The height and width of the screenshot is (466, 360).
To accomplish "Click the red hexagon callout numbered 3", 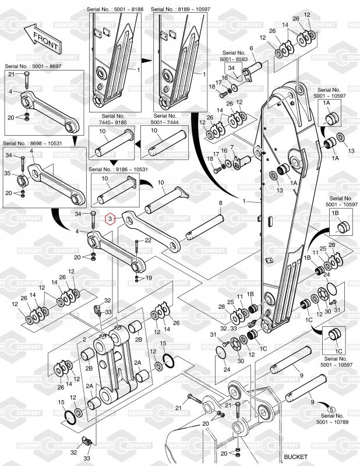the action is [110, 220].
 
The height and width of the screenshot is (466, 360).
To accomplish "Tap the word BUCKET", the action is [295, 457].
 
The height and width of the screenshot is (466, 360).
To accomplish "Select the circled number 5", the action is [332, 410].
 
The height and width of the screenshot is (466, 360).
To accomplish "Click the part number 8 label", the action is [220, 203].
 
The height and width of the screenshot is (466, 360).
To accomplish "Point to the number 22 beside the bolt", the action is [148, 240].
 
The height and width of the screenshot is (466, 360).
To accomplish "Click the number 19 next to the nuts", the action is [149, 278].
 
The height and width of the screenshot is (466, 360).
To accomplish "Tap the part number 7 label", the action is [232, 147].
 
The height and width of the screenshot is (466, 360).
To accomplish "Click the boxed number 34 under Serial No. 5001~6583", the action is [231, 68].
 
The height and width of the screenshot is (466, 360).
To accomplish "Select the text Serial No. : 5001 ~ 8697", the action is [33, 66].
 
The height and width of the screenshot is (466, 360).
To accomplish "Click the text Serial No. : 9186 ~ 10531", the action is [118, 170].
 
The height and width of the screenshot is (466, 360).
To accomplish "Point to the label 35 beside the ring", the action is [7, 173].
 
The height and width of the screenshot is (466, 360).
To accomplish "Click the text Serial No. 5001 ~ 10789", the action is [333, 419].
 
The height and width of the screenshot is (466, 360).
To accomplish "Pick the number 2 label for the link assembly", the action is [84, 340].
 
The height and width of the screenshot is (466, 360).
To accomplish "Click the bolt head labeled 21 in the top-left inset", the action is [26, 73].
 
